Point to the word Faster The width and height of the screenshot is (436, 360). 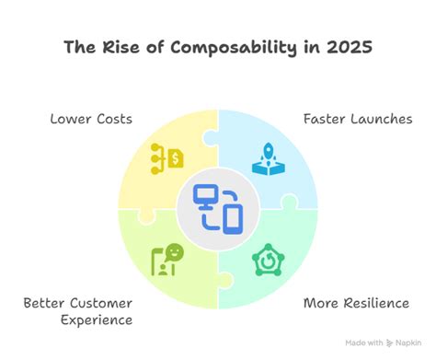click(321, 119)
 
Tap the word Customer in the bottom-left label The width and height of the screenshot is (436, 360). click(101, 302)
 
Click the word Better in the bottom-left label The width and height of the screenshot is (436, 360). click(43, 302)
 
